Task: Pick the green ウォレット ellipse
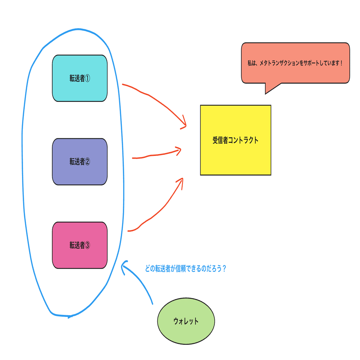click(x=186, y=321)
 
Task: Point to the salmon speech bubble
click(x=295, y=63)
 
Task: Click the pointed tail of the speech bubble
click(x=268, y=90)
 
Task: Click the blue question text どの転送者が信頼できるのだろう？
click(x=185, y=269)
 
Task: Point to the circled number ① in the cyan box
click(x=87, y=78)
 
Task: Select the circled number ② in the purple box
click(x=87, y=162)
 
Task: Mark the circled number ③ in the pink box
click(x=87, y=245)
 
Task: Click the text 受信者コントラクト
click(x=235, y=140)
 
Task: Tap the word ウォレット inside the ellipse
click(x=186, y=321)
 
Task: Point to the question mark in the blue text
click(x=224, y=269)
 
